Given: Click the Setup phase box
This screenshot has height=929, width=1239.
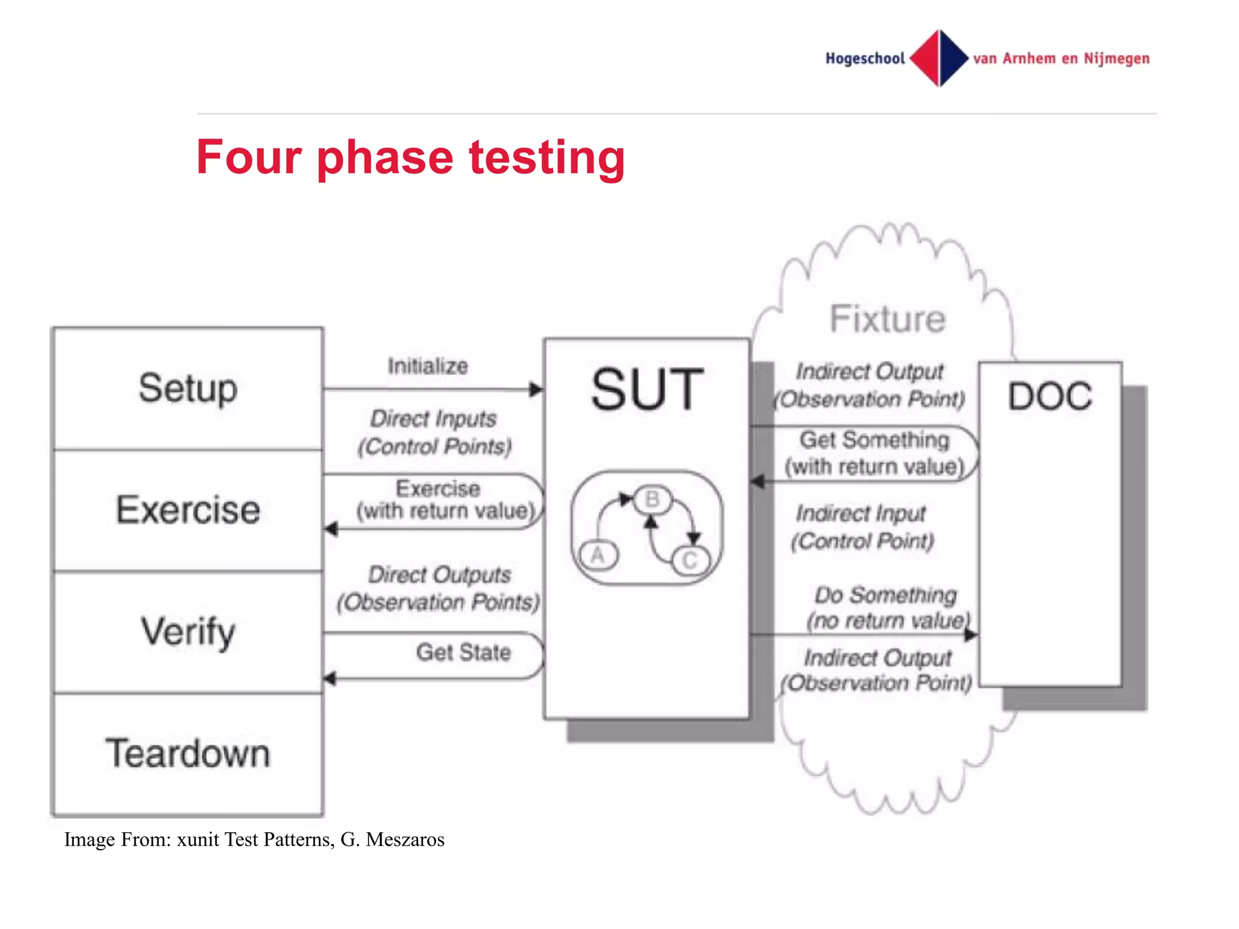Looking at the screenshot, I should coord(188,389).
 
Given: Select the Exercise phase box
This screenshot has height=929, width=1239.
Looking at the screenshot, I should coord(188,510).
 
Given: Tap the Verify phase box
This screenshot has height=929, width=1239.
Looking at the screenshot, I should coord(188,631).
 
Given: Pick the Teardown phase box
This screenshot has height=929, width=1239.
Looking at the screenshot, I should coord(188,754).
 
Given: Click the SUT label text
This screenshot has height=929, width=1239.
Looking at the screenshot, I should coord(647,390).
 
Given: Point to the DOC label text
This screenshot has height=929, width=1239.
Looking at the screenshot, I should coord(1050,397).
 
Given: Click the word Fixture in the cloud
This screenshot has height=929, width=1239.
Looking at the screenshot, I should coord(887,319).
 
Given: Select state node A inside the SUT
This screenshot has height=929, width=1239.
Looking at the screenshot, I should coord(598,555).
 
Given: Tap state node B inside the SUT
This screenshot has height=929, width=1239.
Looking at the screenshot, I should coord(652,500).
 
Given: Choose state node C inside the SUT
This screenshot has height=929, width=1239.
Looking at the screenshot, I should coord(689,561).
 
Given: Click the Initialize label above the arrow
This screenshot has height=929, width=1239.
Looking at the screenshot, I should coord(428,366).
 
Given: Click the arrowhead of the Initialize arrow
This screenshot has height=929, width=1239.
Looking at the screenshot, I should coord(536,390).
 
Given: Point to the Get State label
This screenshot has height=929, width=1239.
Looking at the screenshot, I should coord(463,652).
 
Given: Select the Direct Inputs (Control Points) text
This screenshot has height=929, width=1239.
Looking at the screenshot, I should coord(434,432).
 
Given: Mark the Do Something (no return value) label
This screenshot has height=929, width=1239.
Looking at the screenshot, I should coord(888,607).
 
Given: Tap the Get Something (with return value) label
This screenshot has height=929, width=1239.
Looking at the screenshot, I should coord(874,453).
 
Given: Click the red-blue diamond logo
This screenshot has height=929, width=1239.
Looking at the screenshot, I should coord(939,58).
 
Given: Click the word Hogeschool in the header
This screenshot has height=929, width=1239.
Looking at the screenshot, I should coord(865,59).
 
